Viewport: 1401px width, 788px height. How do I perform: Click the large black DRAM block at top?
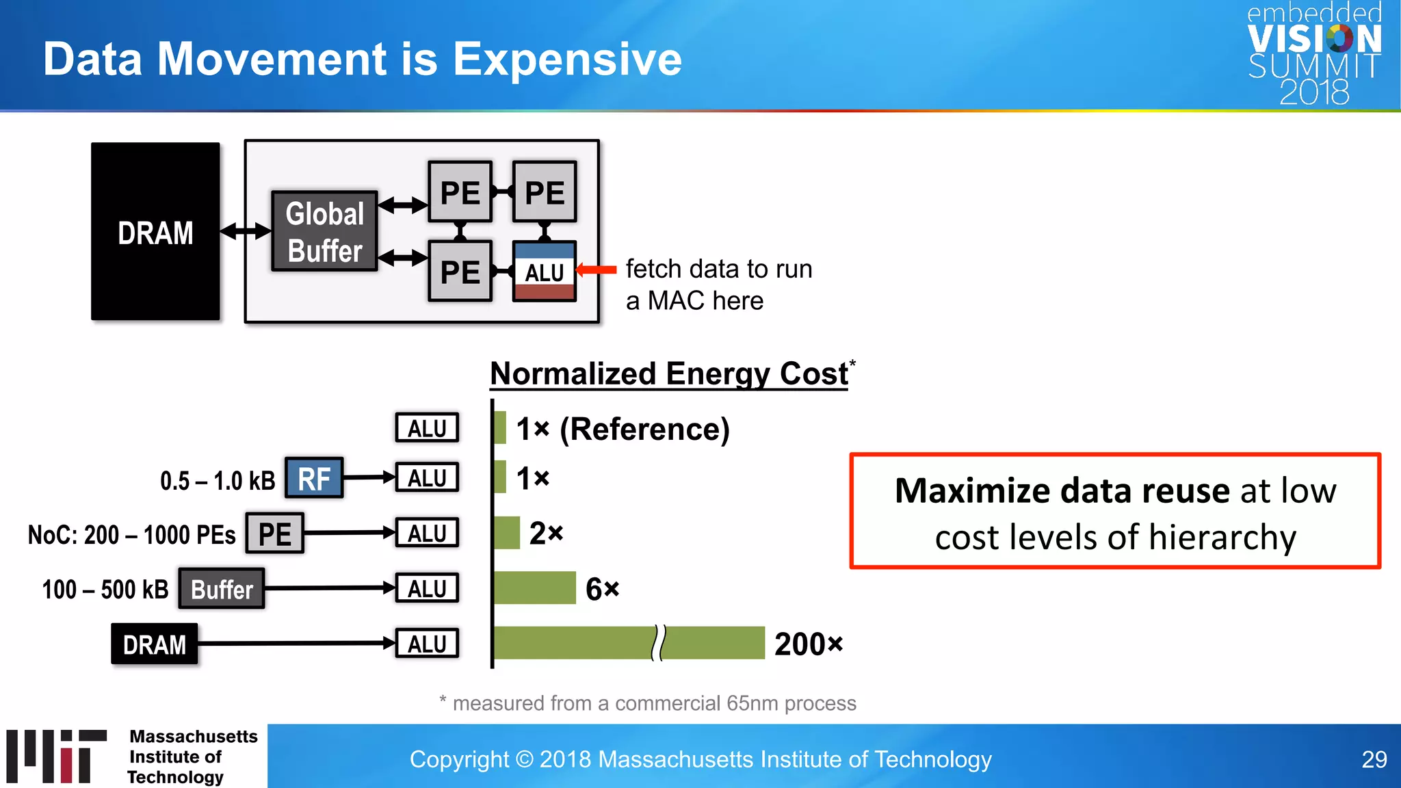pos(155,231)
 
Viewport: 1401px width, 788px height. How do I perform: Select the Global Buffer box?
pos(324,232)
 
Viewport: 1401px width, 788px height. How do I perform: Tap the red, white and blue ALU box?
pos(545,272)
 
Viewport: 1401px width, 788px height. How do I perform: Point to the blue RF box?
pos(314,478)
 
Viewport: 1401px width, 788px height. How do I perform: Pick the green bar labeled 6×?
pos(535,588)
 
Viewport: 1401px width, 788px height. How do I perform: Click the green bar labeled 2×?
pos(507,533)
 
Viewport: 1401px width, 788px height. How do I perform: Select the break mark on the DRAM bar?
pos(658,643)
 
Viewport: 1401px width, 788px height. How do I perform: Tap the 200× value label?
pos(808,644)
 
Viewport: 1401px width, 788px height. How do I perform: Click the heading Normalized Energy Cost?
pos(669,374)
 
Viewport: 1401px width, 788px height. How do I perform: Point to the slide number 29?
pos(1374,759)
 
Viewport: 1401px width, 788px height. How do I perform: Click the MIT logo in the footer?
pos(57,756)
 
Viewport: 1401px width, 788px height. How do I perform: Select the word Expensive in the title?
pos(567,59)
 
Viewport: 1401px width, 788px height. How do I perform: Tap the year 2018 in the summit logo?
pos(1314,92)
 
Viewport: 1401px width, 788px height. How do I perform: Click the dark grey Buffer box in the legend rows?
pos(222,589)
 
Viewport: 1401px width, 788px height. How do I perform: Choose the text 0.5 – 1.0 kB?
pos(217,481)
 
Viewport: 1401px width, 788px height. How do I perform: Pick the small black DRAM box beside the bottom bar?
pos(155,644)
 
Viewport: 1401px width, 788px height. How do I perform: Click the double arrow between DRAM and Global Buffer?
pos(246,231)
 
